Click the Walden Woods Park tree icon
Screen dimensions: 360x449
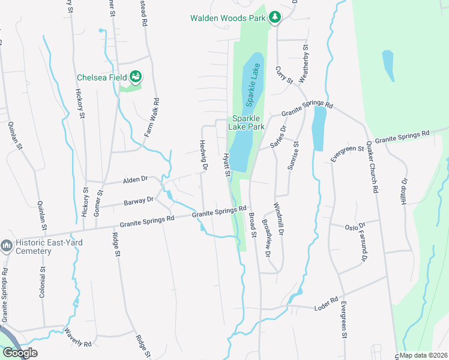(274, 17)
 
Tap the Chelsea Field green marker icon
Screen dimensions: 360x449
(136, 77)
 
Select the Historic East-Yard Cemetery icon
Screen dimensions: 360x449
(7, 246)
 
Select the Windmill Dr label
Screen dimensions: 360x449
(279, 218)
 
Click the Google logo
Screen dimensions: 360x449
(20, 353)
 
